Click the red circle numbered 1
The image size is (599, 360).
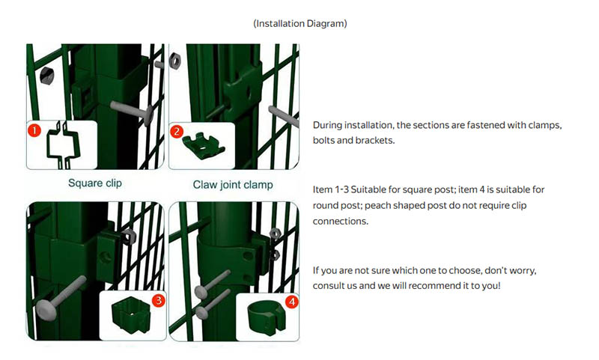34,130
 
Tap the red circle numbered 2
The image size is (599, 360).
177,132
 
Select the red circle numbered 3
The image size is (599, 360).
158,300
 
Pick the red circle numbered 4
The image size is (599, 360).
292,302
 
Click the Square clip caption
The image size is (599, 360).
95,183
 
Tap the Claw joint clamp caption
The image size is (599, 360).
233,185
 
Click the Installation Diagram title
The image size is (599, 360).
300,24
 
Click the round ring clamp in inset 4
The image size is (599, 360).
266,318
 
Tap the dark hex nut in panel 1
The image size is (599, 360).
46,76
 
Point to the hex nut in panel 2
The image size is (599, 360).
174,61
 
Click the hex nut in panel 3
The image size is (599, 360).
128,237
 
